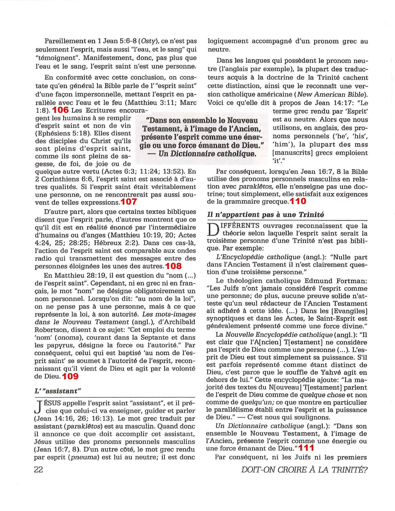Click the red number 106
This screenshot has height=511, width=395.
(61, 110)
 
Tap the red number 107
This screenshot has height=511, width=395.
(129, 202)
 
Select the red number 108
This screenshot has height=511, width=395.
(173, 266)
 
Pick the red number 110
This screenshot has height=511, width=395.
(298, 201)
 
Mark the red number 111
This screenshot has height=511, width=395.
(306, 448)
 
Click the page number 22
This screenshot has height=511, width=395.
(38, 470)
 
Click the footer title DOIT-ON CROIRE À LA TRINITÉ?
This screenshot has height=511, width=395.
(304, 470)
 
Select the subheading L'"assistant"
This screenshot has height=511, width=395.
(58, 391)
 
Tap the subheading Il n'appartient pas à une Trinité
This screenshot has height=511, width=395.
(266, 215)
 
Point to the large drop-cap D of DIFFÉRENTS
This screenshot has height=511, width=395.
(212, 229)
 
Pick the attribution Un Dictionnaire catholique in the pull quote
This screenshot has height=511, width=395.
(207, 154)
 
